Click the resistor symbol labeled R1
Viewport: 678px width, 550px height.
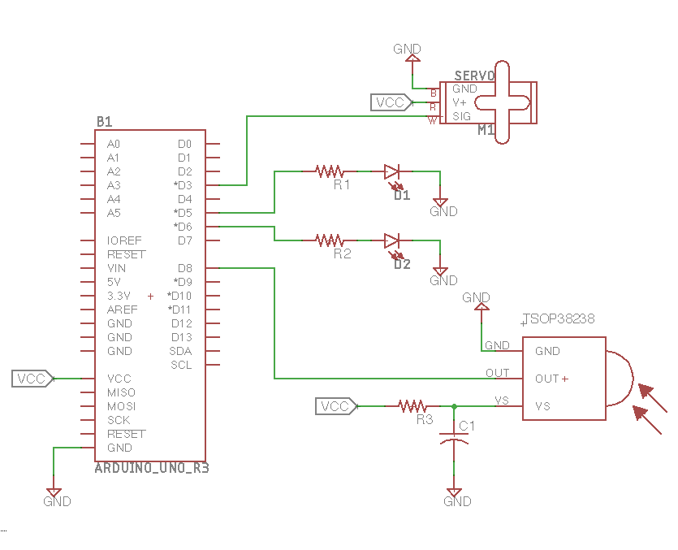(x=330, y=171)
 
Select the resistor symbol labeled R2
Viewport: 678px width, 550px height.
(x=330, y=240)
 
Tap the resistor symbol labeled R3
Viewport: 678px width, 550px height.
(x=412, y=405)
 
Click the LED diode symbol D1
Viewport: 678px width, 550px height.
(x=392, y=172)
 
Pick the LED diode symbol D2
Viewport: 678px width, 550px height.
(x=392, y=241)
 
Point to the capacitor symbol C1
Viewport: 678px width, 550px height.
(x=454, y=437)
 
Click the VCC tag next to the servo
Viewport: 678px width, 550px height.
(x=391, y=102)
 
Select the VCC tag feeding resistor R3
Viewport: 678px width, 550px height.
(x=335, y=406)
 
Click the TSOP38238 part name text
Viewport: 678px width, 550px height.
(x=559, y=319)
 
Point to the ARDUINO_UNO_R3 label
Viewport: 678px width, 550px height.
(x=152, y=468)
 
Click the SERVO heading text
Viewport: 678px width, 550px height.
(x=474, y=76)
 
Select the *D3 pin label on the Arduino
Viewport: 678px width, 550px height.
(x=183, y=185)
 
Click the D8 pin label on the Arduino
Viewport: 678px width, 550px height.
(x=184, y=268)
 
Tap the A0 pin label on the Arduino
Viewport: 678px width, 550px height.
(x=113, y=144)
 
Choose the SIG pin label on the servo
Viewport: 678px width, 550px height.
(x=461, y=116)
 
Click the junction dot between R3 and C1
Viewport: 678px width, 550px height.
(x=454, y=406)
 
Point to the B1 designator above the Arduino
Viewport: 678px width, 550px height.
(x=104, y=122)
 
